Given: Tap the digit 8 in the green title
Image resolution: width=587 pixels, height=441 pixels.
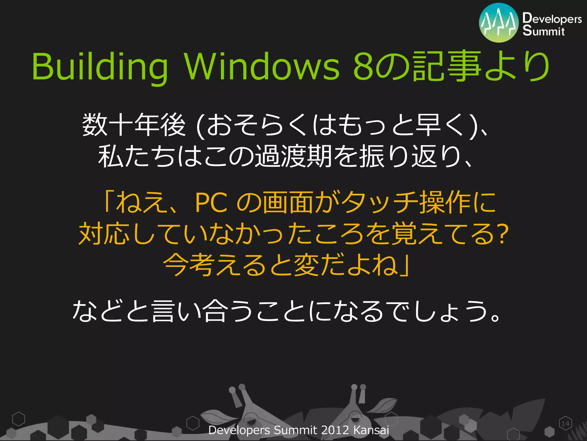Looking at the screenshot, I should point(363,67).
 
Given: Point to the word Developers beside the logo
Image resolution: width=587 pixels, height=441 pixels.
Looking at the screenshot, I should point(552,18).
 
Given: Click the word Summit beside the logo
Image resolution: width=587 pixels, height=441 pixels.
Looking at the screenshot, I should point(543,31).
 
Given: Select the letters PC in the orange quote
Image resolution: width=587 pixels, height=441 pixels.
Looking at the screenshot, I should point(211,203).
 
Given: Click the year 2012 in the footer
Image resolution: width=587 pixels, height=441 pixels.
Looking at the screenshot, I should point(335,430).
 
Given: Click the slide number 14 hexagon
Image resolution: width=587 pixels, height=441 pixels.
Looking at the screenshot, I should point(565,423).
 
